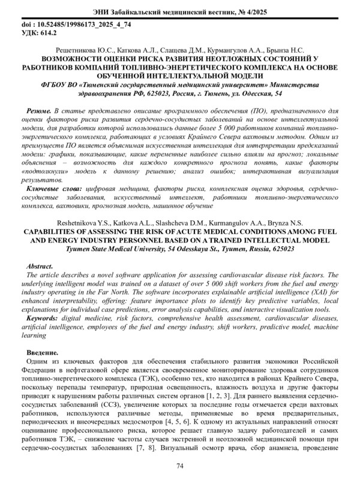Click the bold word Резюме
point(38,112)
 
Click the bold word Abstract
point(41,265)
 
